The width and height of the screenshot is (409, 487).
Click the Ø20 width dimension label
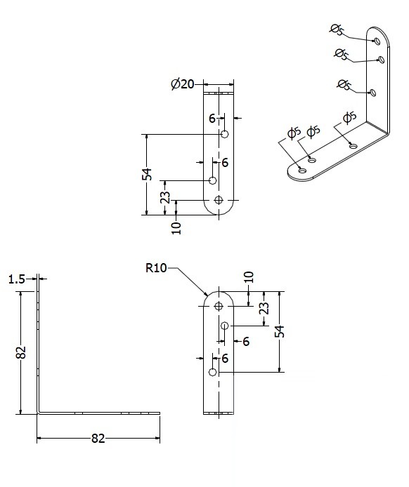pos(183,84)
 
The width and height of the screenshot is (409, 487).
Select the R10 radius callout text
pos(156,268)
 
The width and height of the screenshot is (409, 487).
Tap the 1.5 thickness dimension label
pos(16,279)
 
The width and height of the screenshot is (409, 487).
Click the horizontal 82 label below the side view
pos(98,439)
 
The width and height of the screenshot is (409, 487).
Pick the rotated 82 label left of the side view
pos(21,352)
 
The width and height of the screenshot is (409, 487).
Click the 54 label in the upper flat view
pos(147,174)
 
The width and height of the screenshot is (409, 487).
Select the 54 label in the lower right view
pos(280,331)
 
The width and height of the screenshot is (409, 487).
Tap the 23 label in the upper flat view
pos(166,197)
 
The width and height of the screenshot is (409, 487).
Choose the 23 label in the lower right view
pos(264,308)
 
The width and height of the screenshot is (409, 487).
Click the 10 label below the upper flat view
pos(176,228)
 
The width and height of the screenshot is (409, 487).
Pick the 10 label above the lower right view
pos(249,277)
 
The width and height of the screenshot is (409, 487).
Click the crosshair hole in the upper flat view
pos(219,200)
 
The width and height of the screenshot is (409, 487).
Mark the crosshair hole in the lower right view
pos(219,306)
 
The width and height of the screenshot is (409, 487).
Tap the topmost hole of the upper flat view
pos(225,134)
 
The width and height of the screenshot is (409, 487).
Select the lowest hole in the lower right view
pos(213,372)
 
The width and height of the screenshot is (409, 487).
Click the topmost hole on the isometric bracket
pos(377,41)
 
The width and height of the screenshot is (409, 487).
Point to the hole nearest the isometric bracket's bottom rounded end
pos(302,171)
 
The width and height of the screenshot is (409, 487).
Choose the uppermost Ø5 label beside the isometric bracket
pos(337,29)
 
